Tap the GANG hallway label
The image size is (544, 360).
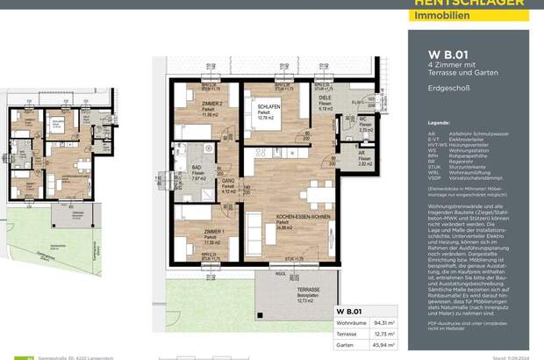(228, 176)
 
